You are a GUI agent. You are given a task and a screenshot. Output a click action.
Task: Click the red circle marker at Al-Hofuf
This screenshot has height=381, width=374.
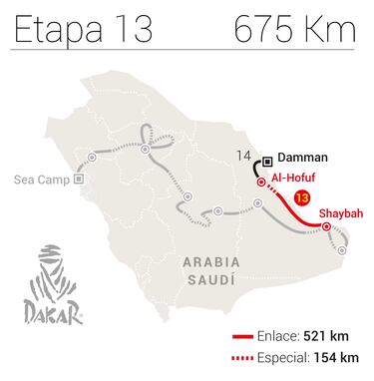(x=261, y=183)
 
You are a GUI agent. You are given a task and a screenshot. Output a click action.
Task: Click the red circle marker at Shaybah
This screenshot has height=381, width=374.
(x=326, y=228)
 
